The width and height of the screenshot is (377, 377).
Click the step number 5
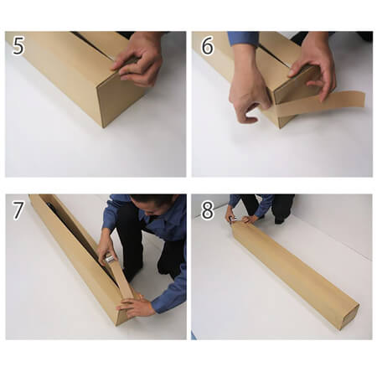(18, 46)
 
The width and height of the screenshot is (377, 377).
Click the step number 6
(208, 46)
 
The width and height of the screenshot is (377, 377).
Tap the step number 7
(18, 210)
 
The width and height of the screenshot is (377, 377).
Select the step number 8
(208, 210)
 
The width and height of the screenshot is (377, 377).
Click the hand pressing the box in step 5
(140, 60)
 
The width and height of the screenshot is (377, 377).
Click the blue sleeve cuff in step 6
(242, 39)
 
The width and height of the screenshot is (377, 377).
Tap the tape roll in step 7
(110, 259)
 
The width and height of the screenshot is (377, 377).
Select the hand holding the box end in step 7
(137, 307)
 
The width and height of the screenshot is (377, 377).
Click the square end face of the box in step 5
(120, 98)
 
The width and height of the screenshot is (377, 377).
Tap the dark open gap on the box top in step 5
(92, 45)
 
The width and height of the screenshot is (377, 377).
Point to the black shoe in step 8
(280, 220)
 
